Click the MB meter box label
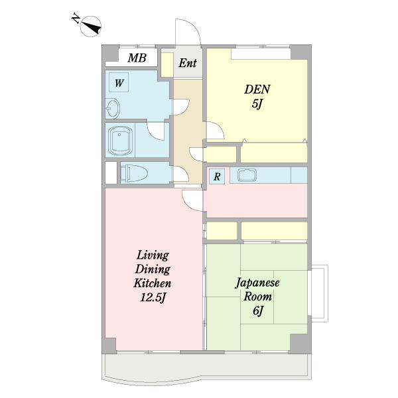pyautogui.click(x=137, y=58)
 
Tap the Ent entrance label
pyautogui.click(x=188, y=63)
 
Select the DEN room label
pyautogui.click(x=257, y=90)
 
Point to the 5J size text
pyautogui.click(x=257, y=104)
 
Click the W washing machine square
pyautogui.click(x=119, y=82)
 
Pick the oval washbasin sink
pyautogui.click(x=113, y=109)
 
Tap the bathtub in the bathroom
pyautogui.click(x=120, y=140)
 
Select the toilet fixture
pyautogui.click(x=134, y=173)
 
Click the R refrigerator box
pyautogui.click(x=217, y=176)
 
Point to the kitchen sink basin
pyautogui.click(x=247, y=175)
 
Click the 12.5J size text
pyautogui.click(x=153, y=298)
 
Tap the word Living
pyautogui.click(x=153, y=255)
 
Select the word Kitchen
pyautogui.click(x=153, y=283)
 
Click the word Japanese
pyautogui.click(x=257, y=283)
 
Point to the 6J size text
pyautogui.click(x=257, y=311)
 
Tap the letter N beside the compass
pyautogui.click(x=76, y=19)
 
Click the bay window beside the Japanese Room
pyautogui.click(x=319, y=294)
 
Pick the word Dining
pyautogui.click(x=153, y=269)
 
